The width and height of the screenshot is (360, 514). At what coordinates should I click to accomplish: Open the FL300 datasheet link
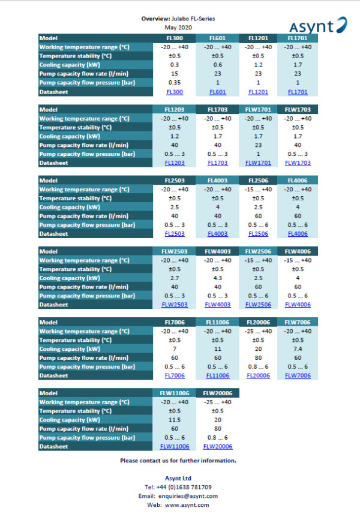click(175, 92)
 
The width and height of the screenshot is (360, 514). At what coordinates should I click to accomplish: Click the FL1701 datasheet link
click(297, 92)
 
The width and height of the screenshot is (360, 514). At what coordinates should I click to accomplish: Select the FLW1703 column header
click(297, 109)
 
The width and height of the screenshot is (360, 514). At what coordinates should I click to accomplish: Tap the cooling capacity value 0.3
click(175, 65)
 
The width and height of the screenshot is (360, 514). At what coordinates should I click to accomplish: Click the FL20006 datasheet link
click(258, 375)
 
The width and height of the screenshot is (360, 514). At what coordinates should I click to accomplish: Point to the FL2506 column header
click(258, 181)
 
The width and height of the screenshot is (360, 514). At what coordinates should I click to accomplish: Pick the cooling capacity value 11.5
click(175, 420)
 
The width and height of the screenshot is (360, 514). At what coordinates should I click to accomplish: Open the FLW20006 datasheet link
click(217, 447)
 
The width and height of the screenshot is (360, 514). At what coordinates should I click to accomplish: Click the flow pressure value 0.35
click(175, 83)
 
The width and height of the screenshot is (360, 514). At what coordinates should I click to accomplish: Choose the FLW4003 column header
click(217, 251)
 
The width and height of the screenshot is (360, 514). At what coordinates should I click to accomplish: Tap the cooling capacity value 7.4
click(297, 349)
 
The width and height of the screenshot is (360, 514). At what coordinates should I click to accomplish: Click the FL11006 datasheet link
click(217, 375)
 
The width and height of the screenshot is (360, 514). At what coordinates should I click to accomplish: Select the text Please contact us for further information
click(178, 461)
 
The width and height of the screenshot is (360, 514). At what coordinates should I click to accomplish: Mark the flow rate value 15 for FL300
click(175, 74)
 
